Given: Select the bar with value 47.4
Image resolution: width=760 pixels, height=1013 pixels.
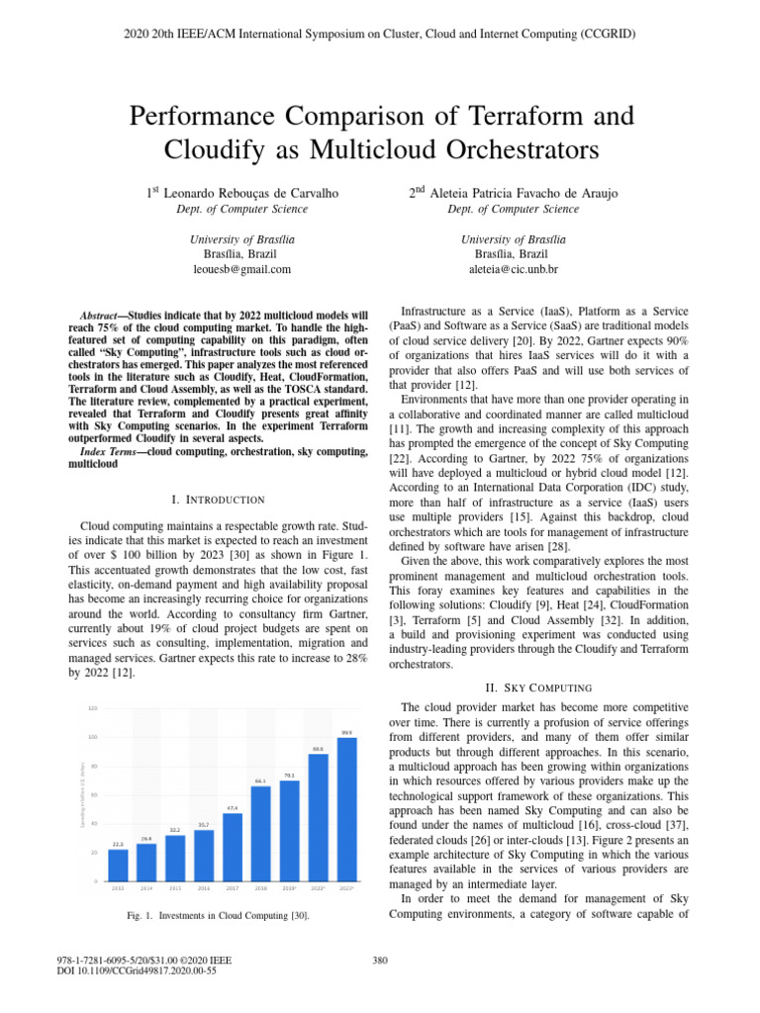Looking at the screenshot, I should [233, 847].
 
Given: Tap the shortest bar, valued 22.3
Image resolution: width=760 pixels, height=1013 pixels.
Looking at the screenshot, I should [118, 865].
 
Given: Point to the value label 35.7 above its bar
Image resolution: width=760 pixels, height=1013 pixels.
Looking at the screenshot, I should [204, 824].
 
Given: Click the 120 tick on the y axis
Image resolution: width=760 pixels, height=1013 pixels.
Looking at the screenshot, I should [93, 708].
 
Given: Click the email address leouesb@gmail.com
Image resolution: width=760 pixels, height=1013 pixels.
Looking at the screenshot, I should [241, 269].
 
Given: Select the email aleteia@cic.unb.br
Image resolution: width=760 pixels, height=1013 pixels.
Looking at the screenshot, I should [513, 269].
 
